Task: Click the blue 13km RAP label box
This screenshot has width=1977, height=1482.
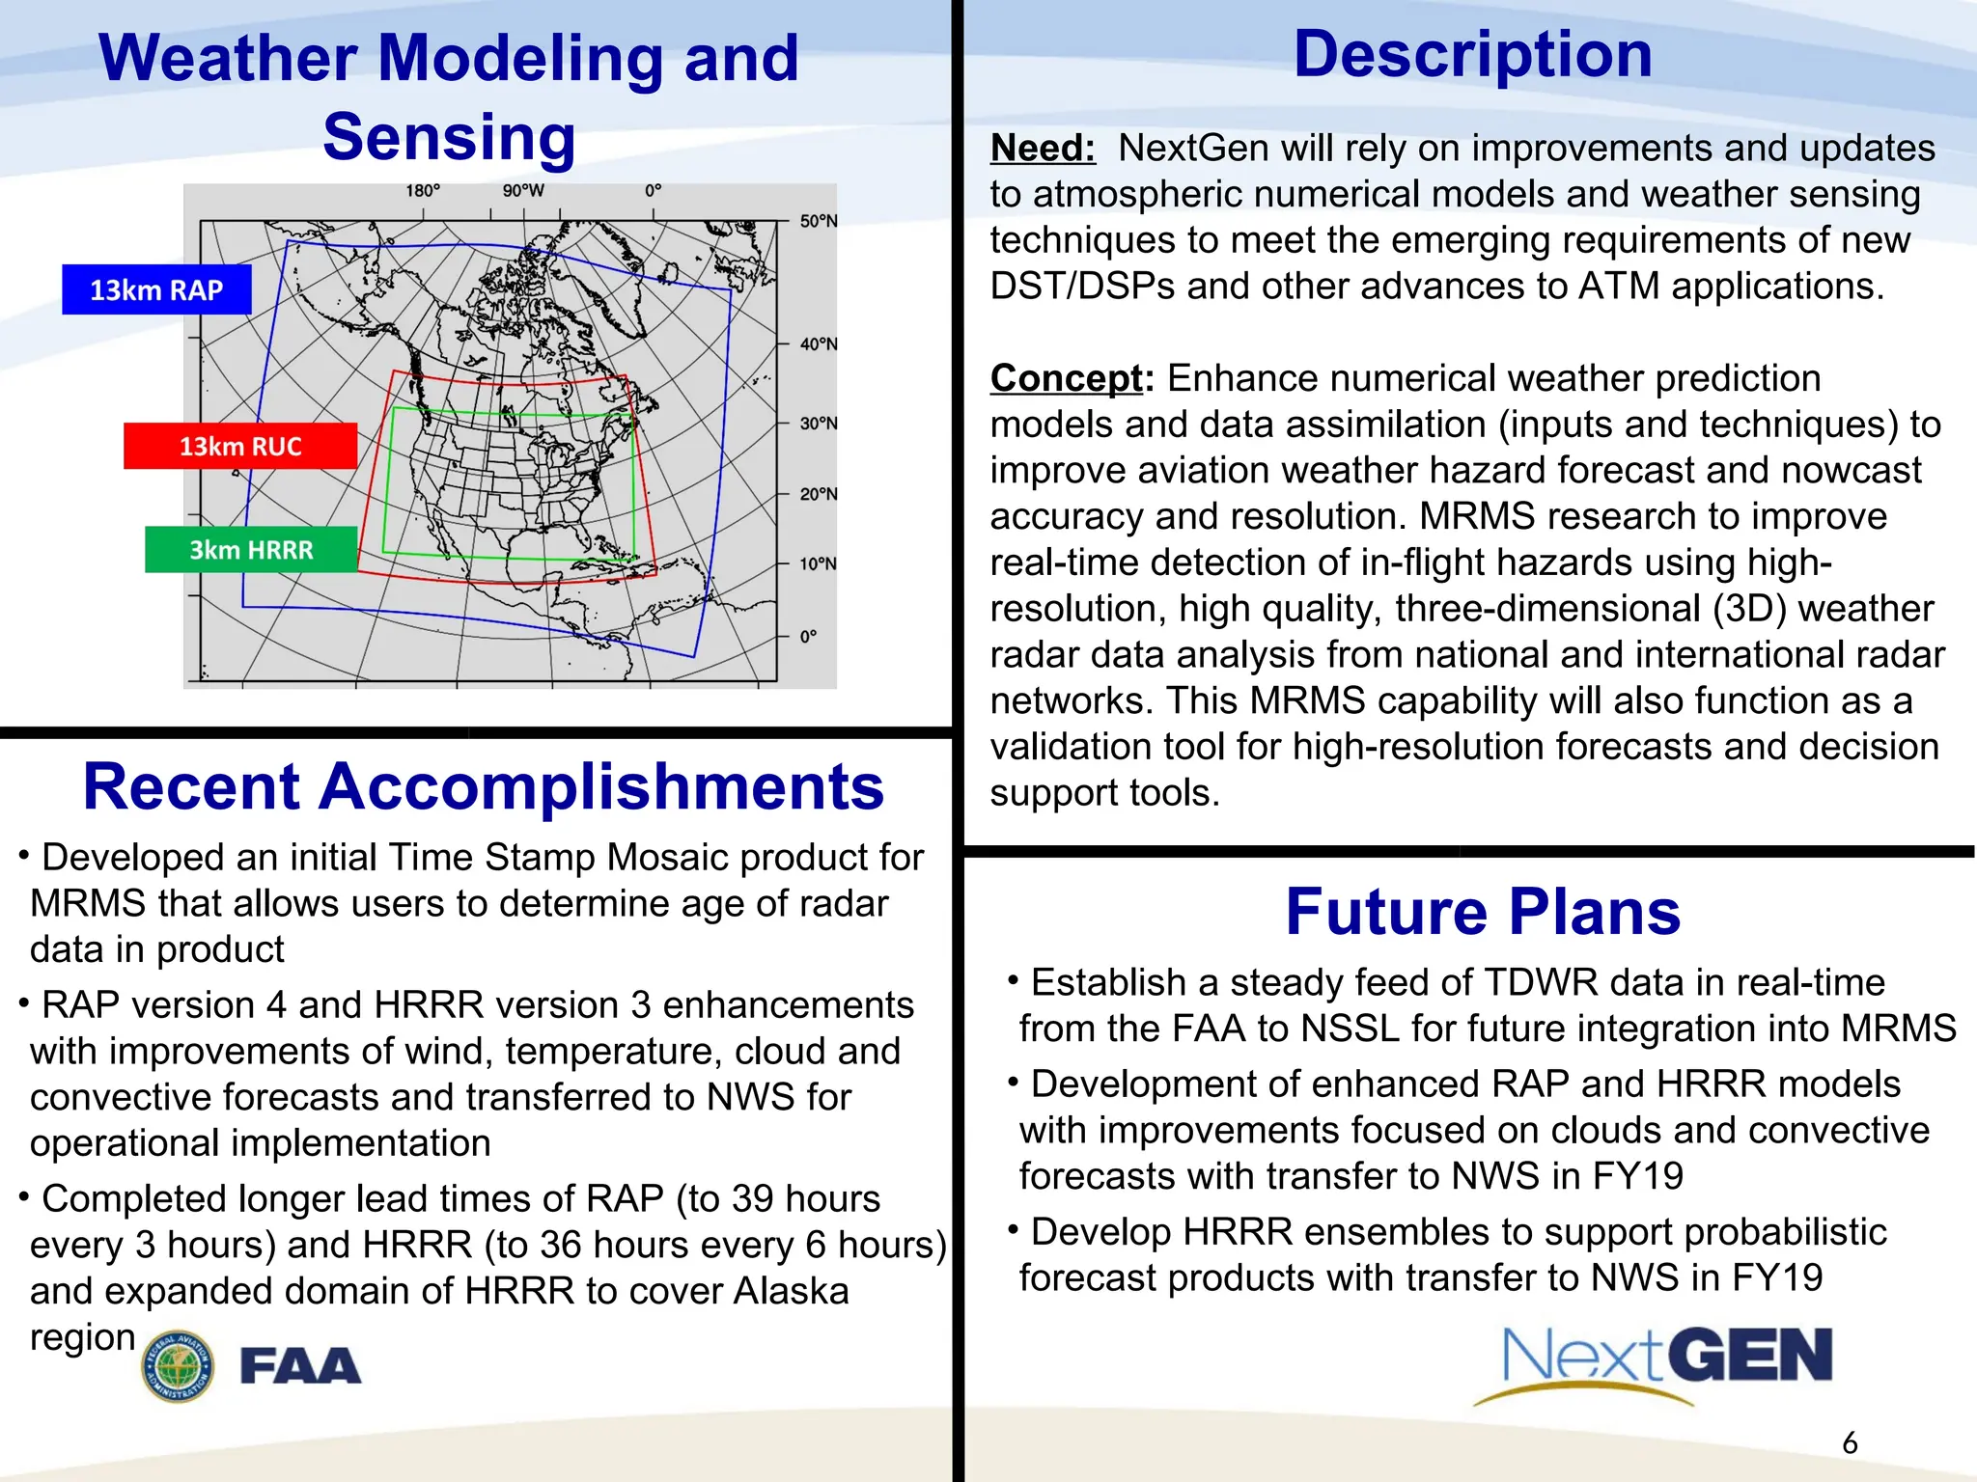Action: [156, 289]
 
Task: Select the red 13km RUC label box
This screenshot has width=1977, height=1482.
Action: [240, 446]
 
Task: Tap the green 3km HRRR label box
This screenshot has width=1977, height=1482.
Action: [251, 550]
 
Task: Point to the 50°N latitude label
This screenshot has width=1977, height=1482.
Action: [818, 221]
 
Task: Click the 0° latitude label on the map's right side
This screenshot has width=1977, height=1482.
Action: [808, 636]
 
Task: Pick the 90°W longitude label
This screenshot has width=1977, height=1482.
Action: [523, 190]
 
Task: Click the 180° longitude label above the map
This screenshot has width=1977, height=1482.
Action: [423, 190]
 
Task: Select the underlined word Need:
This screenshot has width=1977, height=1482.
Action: [1043, 149]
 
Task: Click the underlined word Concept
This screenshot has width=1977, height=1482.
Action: [1067, 378]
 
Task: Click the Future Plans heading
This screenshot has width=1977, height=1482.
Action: [1483, 912]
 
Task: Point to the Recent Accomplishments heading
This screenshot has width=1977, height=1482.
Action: [483, 786]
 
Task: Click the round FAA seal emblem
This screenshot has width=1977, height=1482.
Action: [178, 1367]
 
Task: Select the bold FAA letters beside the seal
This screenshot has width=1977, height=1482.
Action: [300, 1366]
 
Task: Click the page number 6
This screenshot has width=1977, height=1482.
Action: [1850, 1443]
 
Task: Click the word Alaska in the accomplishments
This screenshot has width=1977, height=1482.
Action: [791, 1291]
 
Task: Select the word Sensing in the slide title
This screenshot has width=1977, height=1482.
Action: [449, 137]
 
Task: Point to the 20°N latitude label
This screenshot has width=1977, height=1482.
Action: [818, 494]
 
